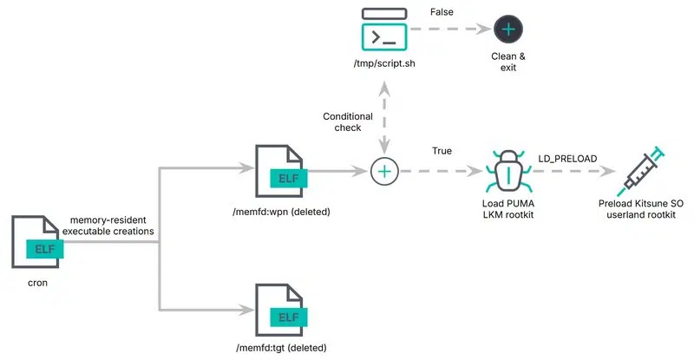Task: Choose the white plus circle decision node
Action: point(384,172)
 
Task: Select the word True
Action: point(442,152)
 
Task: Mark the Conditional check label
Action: point(348,123)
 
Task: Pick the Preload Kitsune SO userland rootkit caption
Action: point(641,209)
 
